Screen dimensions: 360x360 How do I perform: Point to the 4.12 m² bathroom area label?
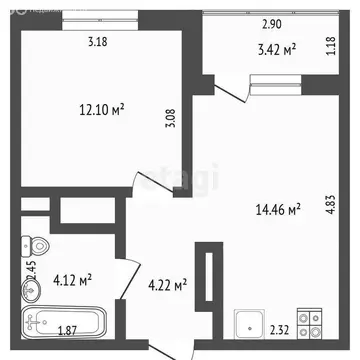point(72,281)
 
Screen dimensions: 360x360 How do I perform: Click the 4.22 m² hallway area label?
point(167,287)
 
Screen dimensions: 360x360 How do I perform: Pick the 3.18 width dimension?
point(97,42)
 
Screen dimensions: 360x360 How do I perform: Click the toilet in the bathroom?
point(32,246)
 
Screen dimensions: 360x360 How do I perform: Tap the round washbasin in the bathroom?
point(27,290)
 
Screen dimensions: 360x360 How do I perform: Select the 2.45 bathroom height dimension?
point(31,270)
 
